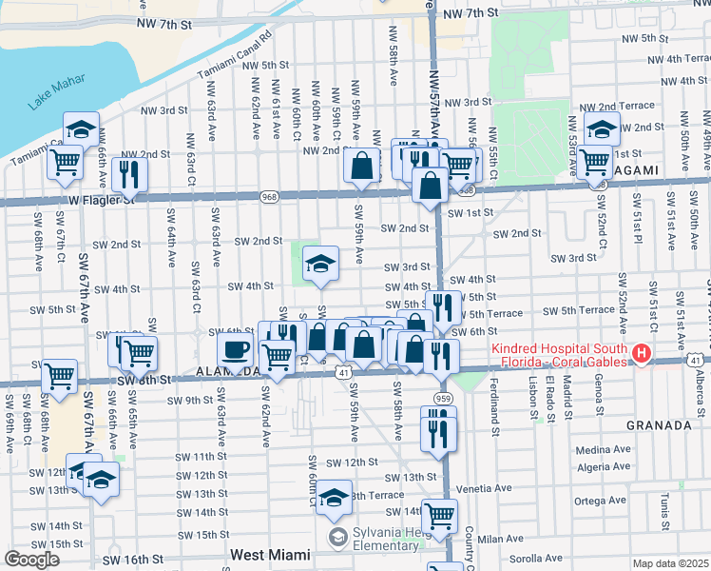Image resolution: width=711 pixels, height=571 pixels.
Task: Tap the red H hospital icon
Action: [x=642, y=355]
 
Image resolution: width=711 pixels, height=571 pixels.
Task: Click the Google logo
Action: [x=31, y=559]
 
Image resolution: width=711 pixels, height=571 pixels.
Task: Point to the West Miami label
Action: [x=270, y=554]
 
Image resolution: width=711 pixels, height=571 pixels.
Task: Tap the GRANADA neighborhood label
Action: [x=659, y=425]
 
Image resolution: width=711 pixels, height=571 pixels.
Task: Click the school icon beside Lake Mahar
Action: [x=82, y=128]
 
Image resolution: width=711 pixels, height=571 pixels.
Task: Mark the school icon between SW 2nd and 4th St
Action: [x=321, y=263]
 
